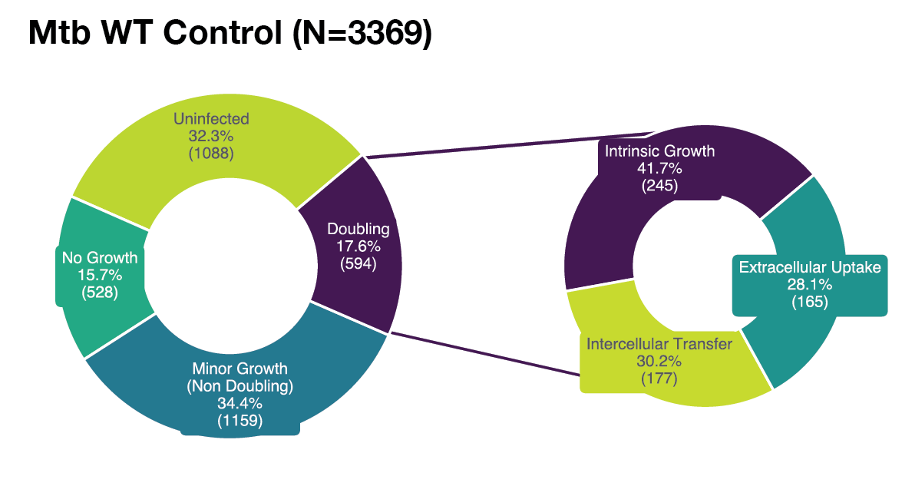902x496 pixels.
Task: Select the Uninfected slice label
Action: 211,119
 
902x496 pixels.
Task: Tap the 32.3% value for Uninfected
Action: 211,136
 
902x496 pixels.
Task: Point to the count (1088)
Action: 211,153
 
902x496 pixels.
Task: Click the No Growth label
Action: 100,257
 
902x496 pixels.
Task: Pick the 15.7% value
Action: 100,274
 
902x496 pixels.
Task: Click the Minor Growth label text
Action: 240,368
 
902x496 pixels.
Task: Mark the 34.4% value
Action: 240,403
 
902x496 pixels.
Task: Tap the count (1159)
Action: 240,420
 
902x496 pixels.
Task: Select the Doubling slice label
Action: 358,229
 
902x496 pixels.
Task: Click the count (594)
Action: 358,263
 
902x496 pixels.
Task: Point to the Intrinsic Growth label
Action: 659,151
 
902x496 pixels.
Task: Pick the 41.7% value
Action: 659,168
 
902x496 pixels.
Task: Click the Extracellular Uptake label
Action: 810,268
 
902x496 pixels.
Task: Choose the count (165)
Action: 810,302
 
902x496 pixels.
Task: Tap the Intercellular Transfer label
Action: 659,343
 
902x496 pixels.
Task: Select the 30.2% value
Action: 659,360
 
